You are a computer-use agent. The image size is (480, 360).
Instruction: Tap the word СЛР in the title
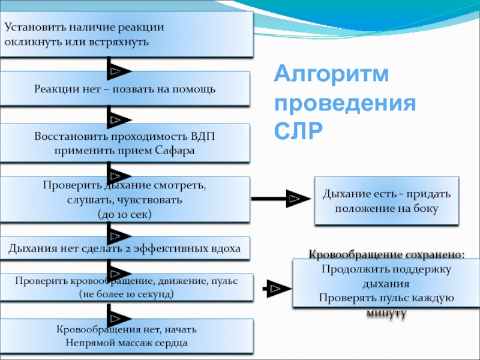[298, 130]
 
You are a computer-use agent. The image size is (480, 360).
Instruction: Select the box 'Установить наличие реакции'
[125, 35]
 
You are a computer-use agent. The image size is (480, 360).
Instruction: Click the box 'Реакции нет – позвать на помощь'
[125, 89]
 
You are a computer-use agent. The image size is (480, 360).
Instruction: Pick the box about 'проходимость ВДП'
[125, 143]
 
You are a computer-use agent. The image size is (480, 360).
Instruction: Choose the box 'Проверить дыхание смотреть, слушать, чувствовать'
[125, 199]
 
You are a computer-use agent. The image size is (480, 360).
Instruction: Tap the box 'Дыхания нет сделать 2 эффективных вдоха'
[125, 248]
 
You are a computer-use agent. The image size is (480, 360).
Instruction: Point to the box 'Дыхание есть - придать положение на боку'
[386, 201]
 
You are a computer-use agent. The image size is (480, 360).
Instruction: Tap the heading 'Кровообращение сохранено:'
[386, 254]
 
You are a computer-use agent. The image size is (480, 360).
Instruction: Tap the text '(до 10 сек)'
[124, 214]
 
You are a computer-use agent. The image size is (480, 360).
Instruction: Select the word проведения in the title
[345, 103]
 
